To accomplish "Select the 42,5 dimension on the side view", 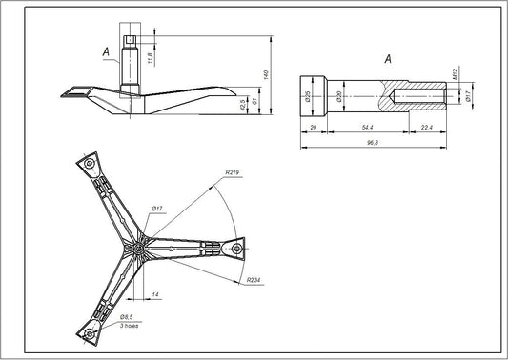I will click(243, 103).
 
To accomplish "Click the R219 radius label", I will click(233, 173).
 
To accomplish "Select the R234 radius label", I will click(253, 281).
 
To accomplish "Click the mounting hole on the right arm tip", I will click(234, 248).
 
